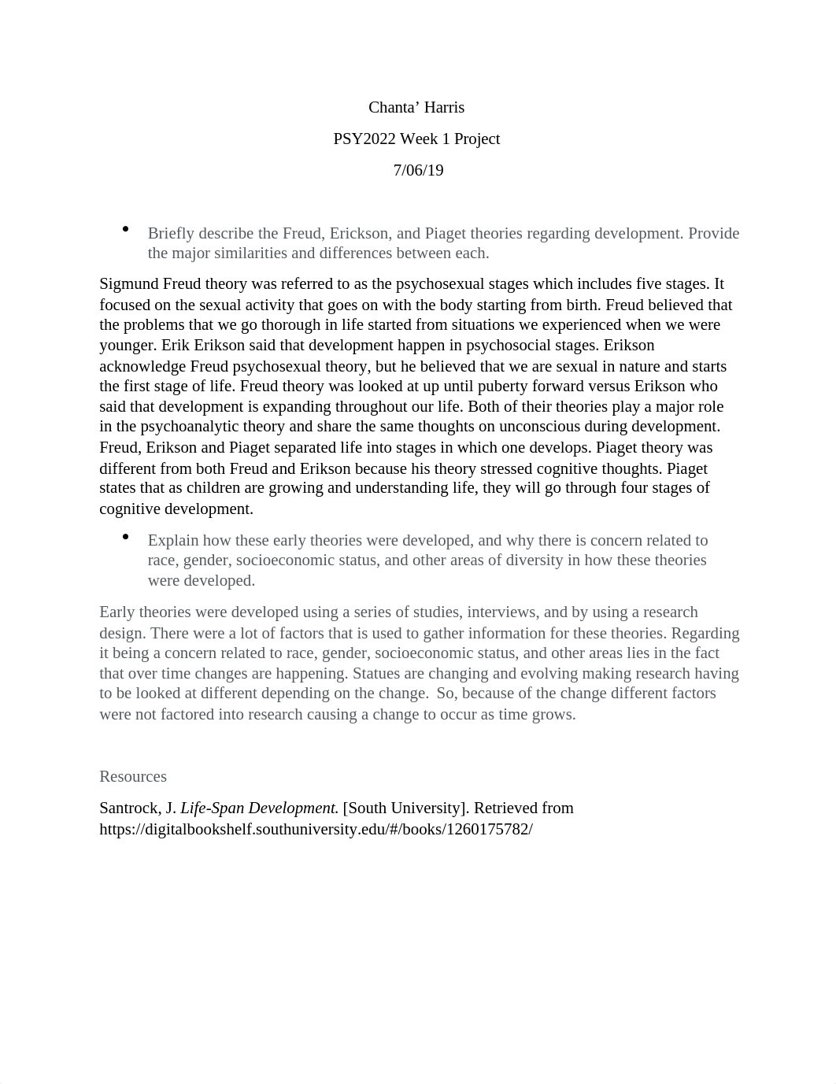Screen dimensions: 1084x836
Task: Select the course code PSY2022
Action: (364, 139)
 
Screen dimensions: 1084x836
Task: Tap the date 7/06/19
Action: (418, 170)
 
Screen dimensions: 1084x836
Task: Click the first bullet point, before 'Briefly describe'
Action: (126, 229)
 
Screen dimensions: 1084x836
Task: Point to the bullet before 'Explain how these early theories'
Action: (126, 536)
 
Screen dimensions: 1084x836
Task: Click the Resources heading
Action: (133, 776)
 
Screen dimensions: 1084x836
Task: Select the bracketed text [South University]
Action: (405, 808)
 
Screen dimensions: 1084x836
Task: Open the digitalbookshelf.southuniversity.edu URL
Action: (316, 829)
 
